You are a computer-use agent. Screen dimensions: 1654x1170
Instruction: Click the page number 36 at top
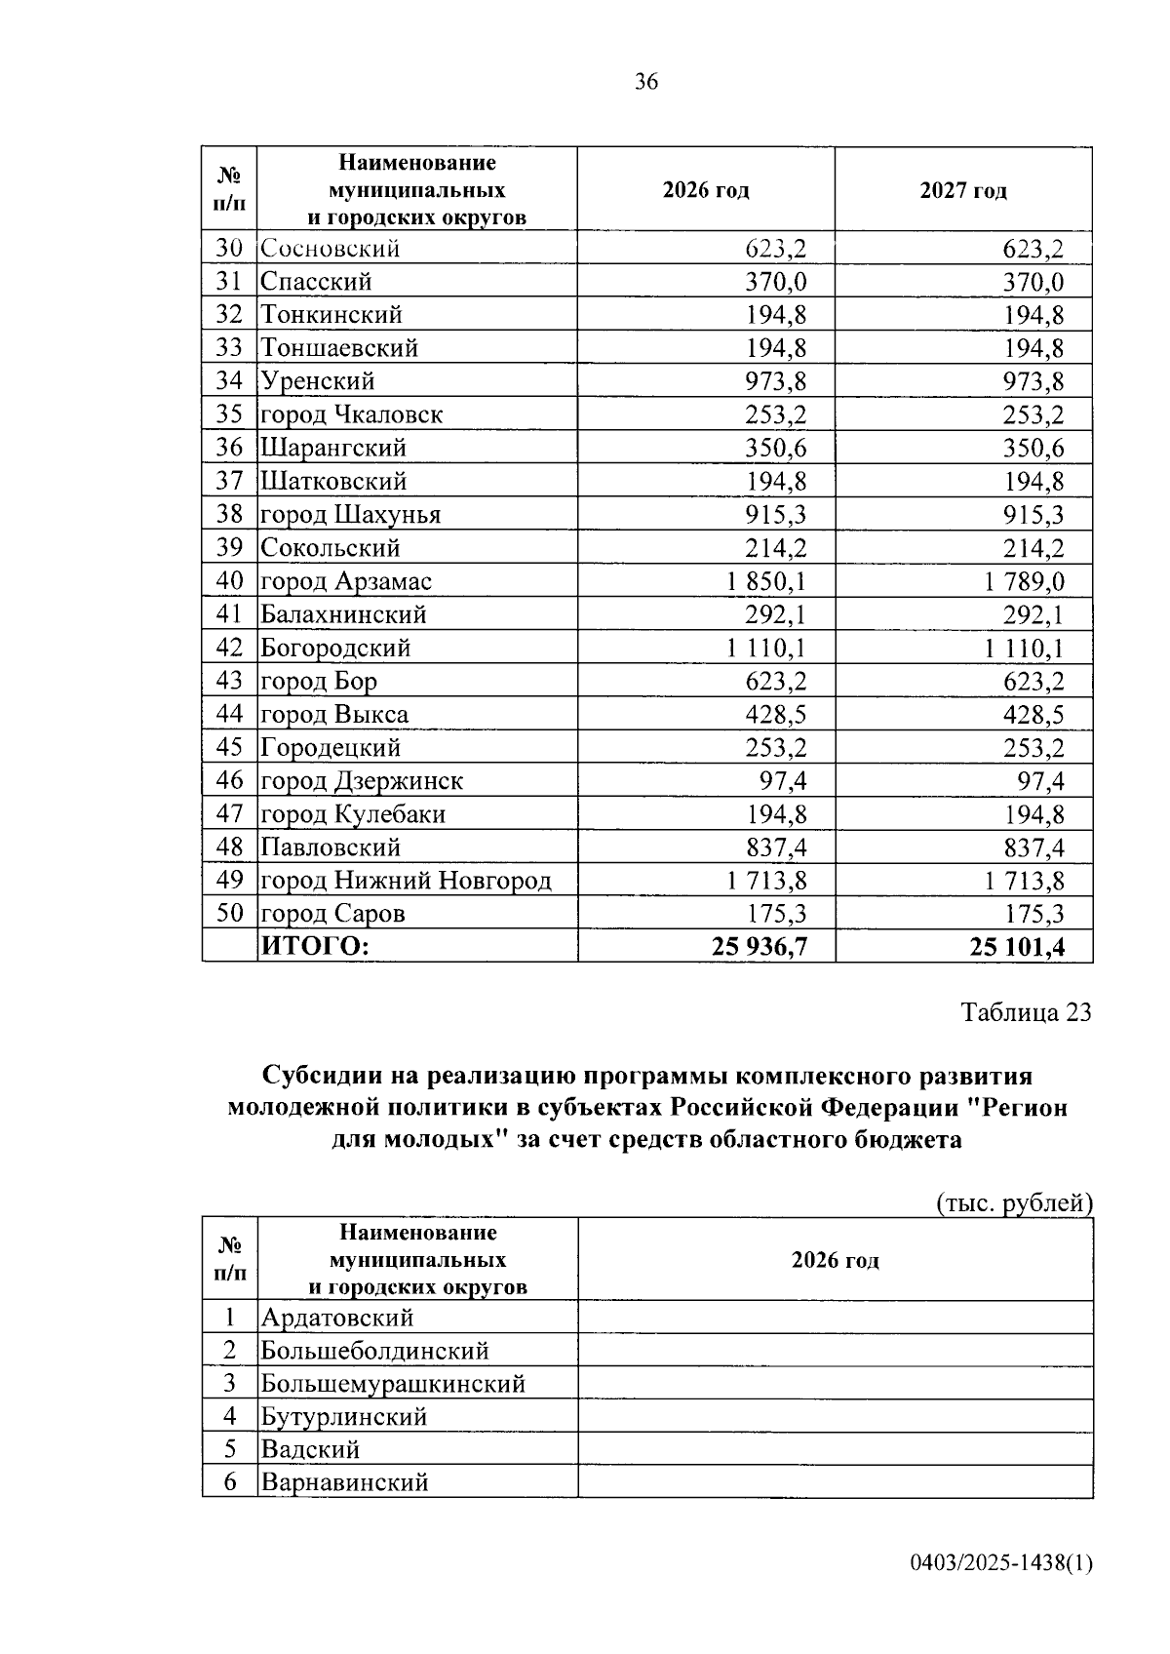tap(645, 82)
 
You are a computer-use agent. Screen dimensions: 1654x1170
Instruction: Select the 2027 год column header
tap(962, 190)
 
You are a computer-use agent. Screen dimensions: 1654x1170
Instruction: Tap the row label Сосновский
tap(330, 249)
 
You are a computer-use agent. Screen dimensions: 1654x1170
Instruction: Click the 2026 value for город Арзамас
tap(765, 582)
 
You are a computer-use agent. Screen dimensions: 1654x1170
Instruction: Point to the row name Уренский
tap(317, 381)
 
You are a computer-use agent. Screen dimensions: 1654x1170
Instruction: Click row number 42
tap(229, 649)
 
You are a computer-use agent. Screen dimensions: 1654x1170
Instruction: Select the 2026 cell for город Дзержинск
tap(783, 781)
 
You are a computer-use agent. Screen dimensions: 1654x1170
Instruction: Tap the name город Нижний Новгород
tap(406, 881)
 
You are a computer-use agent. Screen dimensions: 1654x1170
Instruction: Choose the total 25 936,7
tap(760, 946)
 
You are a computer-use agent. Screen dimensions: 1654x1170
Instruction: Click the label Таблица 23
tap(1026, 1012)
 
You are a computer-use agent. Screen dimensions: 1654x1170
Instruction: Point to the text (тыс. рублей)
tap(1013, 1203)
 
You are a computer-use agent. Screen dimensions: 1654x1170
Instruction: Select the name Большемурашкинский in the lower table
tap(392, 1384)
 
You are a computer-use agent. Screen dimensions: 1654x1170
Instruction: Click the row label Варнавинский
tap(344, 1483)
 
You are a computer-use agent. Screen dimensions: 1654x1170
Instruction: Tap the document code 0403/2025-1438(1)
tap(1001, 1563)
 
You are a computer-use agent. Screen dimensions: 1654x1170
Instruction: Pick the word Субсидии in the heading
tap(313, 1077)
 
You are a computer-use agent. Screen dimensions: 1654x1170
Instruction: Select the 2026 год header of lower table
tap(835, 1260)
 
